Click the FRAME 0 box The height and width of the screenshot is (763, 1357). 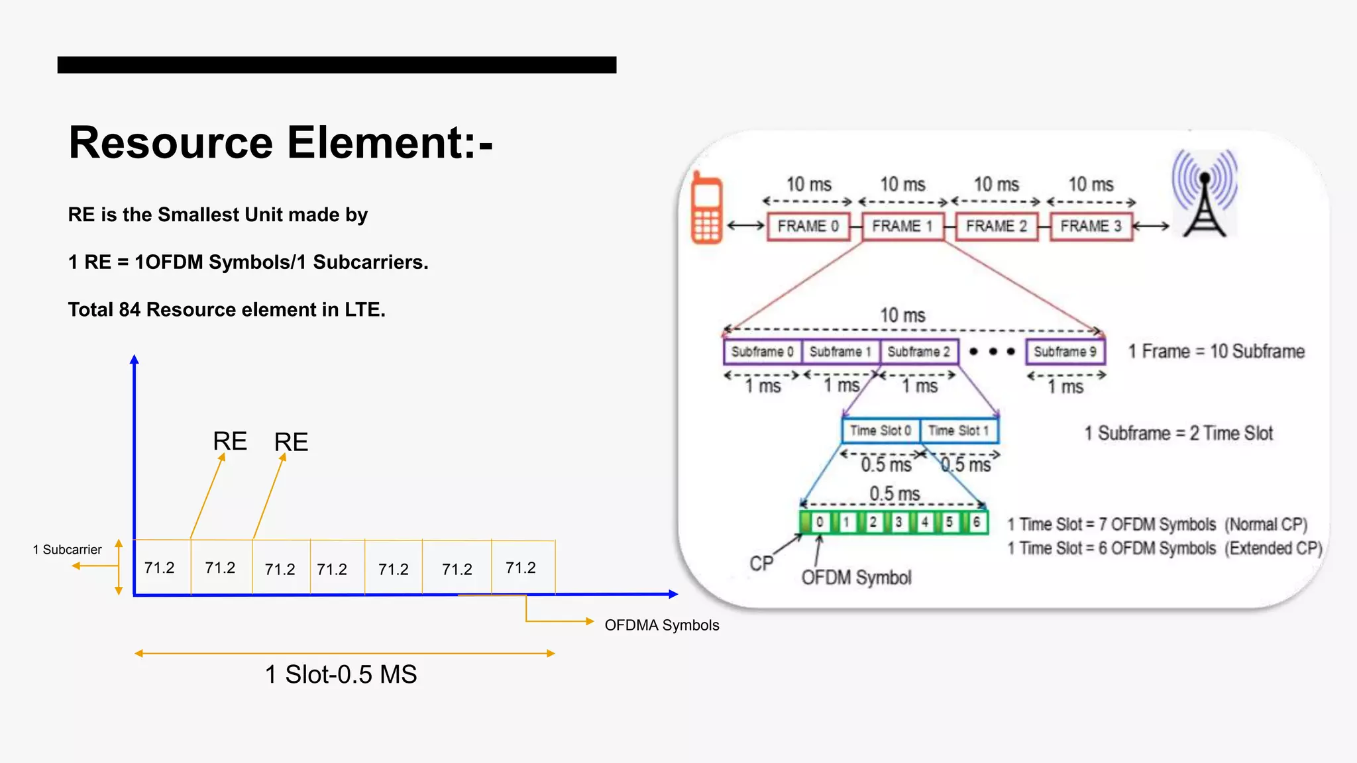click(x=808, y=227)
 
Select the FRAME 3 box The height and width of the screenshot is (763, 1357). click(x=1091, y=227)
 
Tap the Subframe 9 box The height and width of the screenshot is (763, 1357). click(x=1065, y=352)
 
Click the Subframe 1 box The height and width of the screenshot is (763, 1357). click(x=840, y=352)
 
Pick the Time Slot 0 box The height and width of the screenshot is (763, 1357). click(x=881, y=431)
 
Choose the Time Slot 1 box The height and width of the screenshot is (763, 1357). click(x=958, y=431)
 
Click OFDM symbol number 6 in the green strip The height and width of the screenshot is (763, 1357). click(x=976, y=522)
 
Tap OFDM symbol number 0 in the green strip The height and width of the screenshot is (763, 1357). click(x=820, y=522)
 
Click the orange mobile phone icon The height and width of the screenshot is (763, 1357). click(x=706, y=209)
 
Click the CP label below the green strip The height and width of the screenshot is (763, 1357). click(x=761, y=564)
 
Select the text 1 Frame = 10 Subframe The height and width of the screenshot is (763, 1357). click(x=1217, y=352)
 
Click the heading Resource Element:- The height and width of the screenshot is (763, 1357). click(x=280, y=142)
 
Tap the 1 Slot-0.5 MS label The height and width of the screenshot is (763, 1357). click(x=341, y=675)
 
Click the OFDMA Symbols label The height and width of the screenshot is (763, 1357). click(x=661, y=625)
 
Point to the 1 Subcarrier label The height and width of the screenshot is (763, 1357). click(x=67, y=550)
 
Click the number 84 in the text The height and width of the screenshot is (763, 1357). click(x=129, y=310)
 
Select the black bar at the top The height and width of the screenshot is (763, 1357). click(x=337, y=65)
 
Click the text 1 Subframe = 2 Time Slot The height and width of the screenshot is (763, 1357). click(x=1178, y=434)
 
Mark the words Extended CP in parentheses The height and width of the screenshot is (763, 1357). click(x=1273, y=548)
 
